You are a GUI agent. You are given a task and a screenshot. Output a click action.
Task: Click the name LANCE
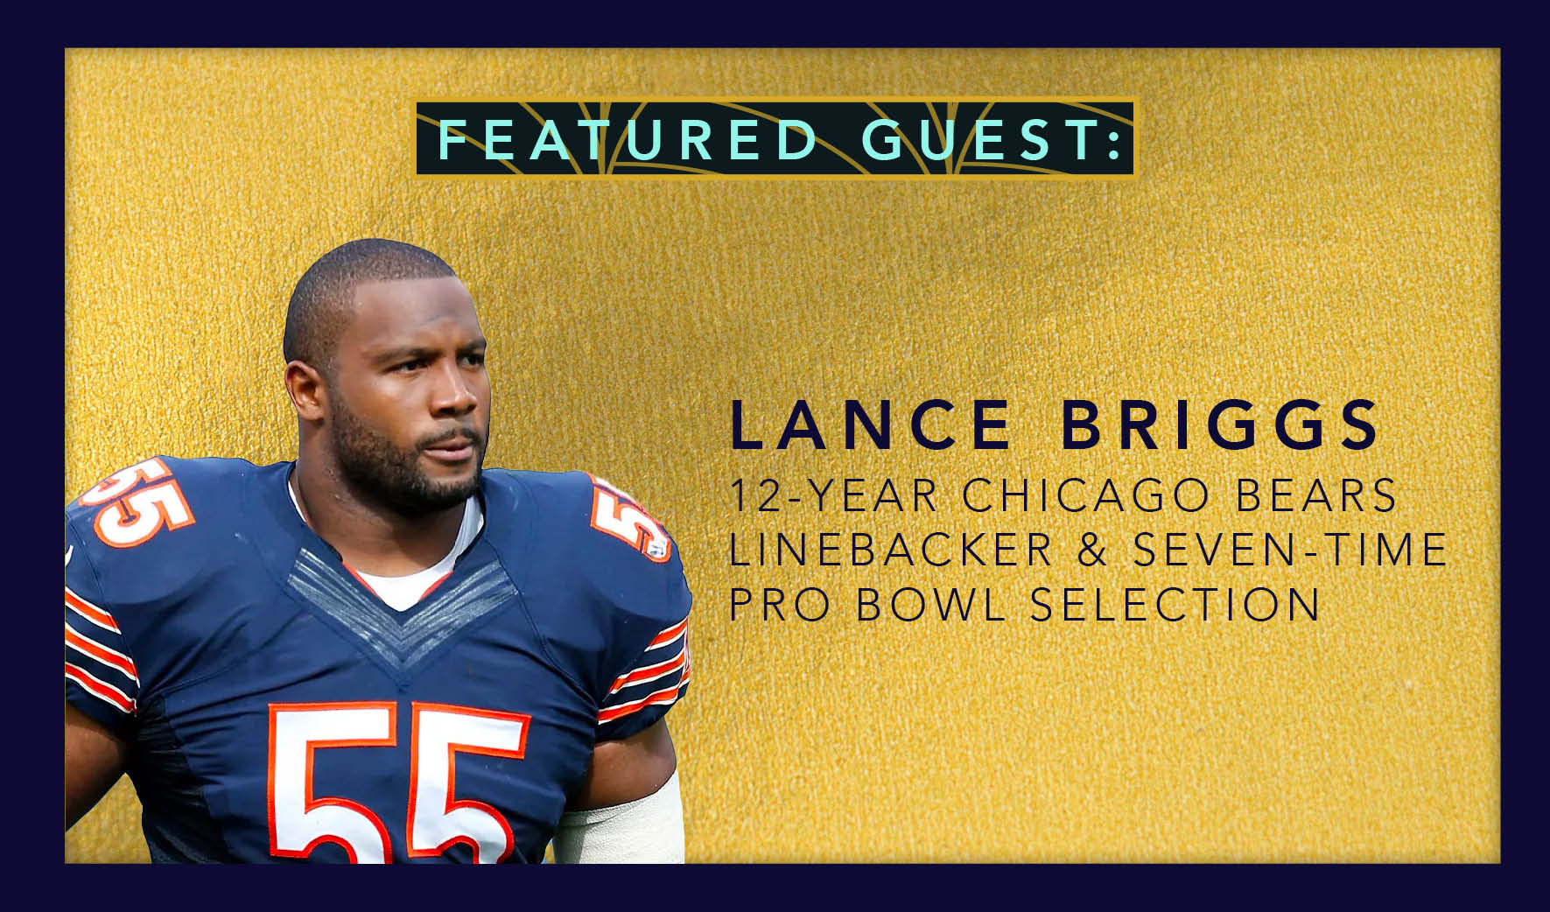[x=870, y=425]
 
